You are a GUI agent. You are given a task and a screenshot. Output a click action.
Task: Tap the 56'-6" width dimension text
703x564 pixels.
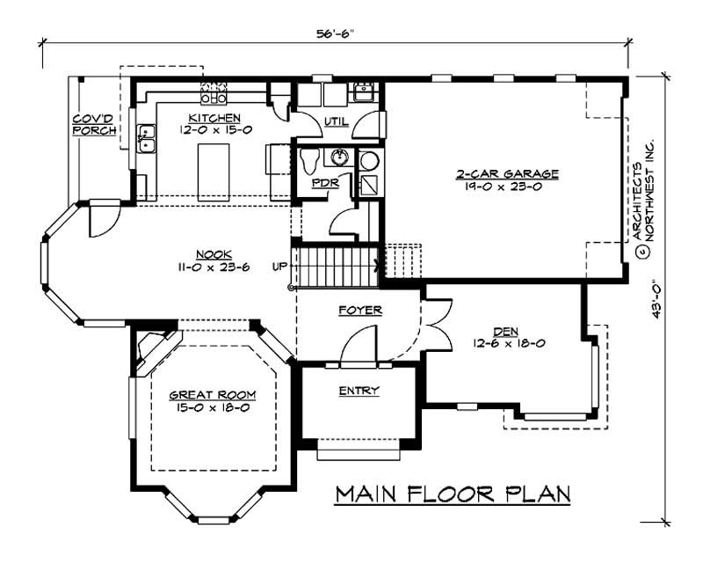tap(338, 33)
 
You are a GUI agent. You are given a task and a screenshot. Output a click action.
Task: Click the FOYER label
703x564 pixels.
tap(359, 311)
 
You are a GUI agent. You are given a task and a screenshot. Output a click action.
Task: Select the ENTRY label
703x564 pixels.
tap(358, 391)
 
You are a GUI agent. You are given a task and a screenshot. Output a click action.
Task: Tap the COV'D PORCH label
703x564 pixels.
tap(94, 124)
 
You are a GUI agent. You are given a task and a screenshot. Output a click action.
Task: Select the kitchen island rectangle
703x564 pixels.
tap(211, 170)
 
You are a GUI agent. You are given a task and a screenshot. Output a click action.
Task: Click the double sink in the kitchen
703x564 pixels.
tap(145, 139)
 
